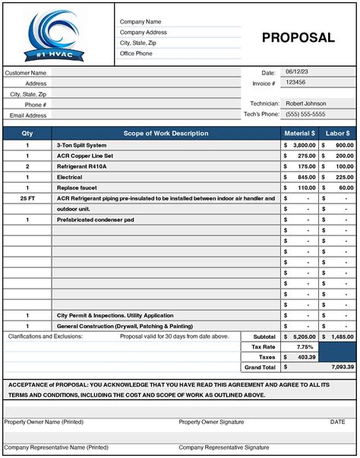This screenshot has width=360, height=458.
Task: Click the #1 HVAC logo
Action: [58, 34]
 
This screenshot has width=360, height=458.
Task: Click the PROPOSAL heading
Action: [298, 38]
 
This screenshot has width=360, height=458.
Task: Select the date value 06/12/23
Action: [294, 71]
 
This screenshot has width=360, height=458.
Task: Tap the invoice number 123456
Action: [295, 82]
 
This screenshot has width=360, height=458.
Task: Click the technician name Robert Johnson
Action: [305, 103]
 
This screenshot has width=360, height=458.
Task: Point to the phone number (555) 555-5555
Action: [305, 114]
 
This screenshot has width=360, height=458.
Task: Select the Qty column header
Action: [27, 134]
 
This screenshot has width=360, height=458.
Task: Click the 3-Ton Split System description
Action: [81, 144]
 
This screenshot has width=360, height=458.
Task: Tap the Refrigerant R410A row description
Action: [82, 166]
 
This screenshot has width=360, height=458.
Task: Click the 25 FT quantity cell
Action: [27, 197]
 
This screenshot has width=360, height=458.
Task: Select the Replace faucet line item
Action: [77, 187]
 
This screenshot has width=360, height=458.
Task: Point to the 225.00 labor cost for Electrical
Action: [344, 176]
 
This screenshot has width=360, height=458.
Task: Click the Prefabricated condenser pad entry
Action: [95, 219]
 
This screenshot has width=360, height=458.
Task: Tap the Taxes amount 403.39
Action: [305, 355]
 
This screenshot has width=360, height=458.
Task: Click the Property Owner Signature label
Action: [211, 422]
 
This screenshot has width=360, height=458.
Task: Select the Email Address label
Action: [27, 115]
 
